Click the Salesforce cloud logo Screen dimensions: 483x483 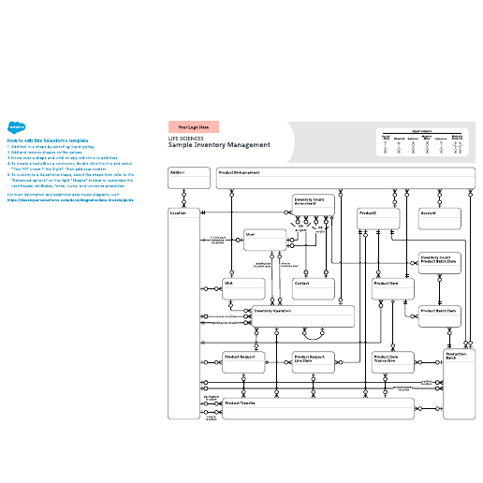click(16, 128)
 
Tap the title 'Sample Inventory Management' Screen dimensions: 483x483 click(219, 145)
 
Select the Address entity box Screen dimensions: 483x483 click(188, 177)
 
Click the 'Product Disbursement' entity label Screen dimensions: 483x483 click(240, 172)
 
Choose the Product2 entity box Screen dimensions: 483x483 click(379, 218)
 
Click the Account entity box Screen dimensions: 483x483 click(439, 218)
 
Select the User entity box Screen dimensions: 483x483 click(263, 240)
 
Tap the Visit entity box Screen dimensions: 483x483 click(241, 287)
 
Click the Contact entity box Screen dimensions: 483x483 click(312, 287)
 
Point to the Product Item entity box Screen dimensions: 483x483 click(392, 287)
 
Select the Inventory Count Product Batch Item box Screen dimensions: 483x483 click(438, 261)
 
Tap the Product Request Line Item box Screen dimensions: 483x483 click(315, 362)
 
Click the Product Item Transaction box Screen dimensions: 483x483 click(392, 362)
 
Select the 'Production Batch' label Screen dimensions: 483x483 click(457, 357)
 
